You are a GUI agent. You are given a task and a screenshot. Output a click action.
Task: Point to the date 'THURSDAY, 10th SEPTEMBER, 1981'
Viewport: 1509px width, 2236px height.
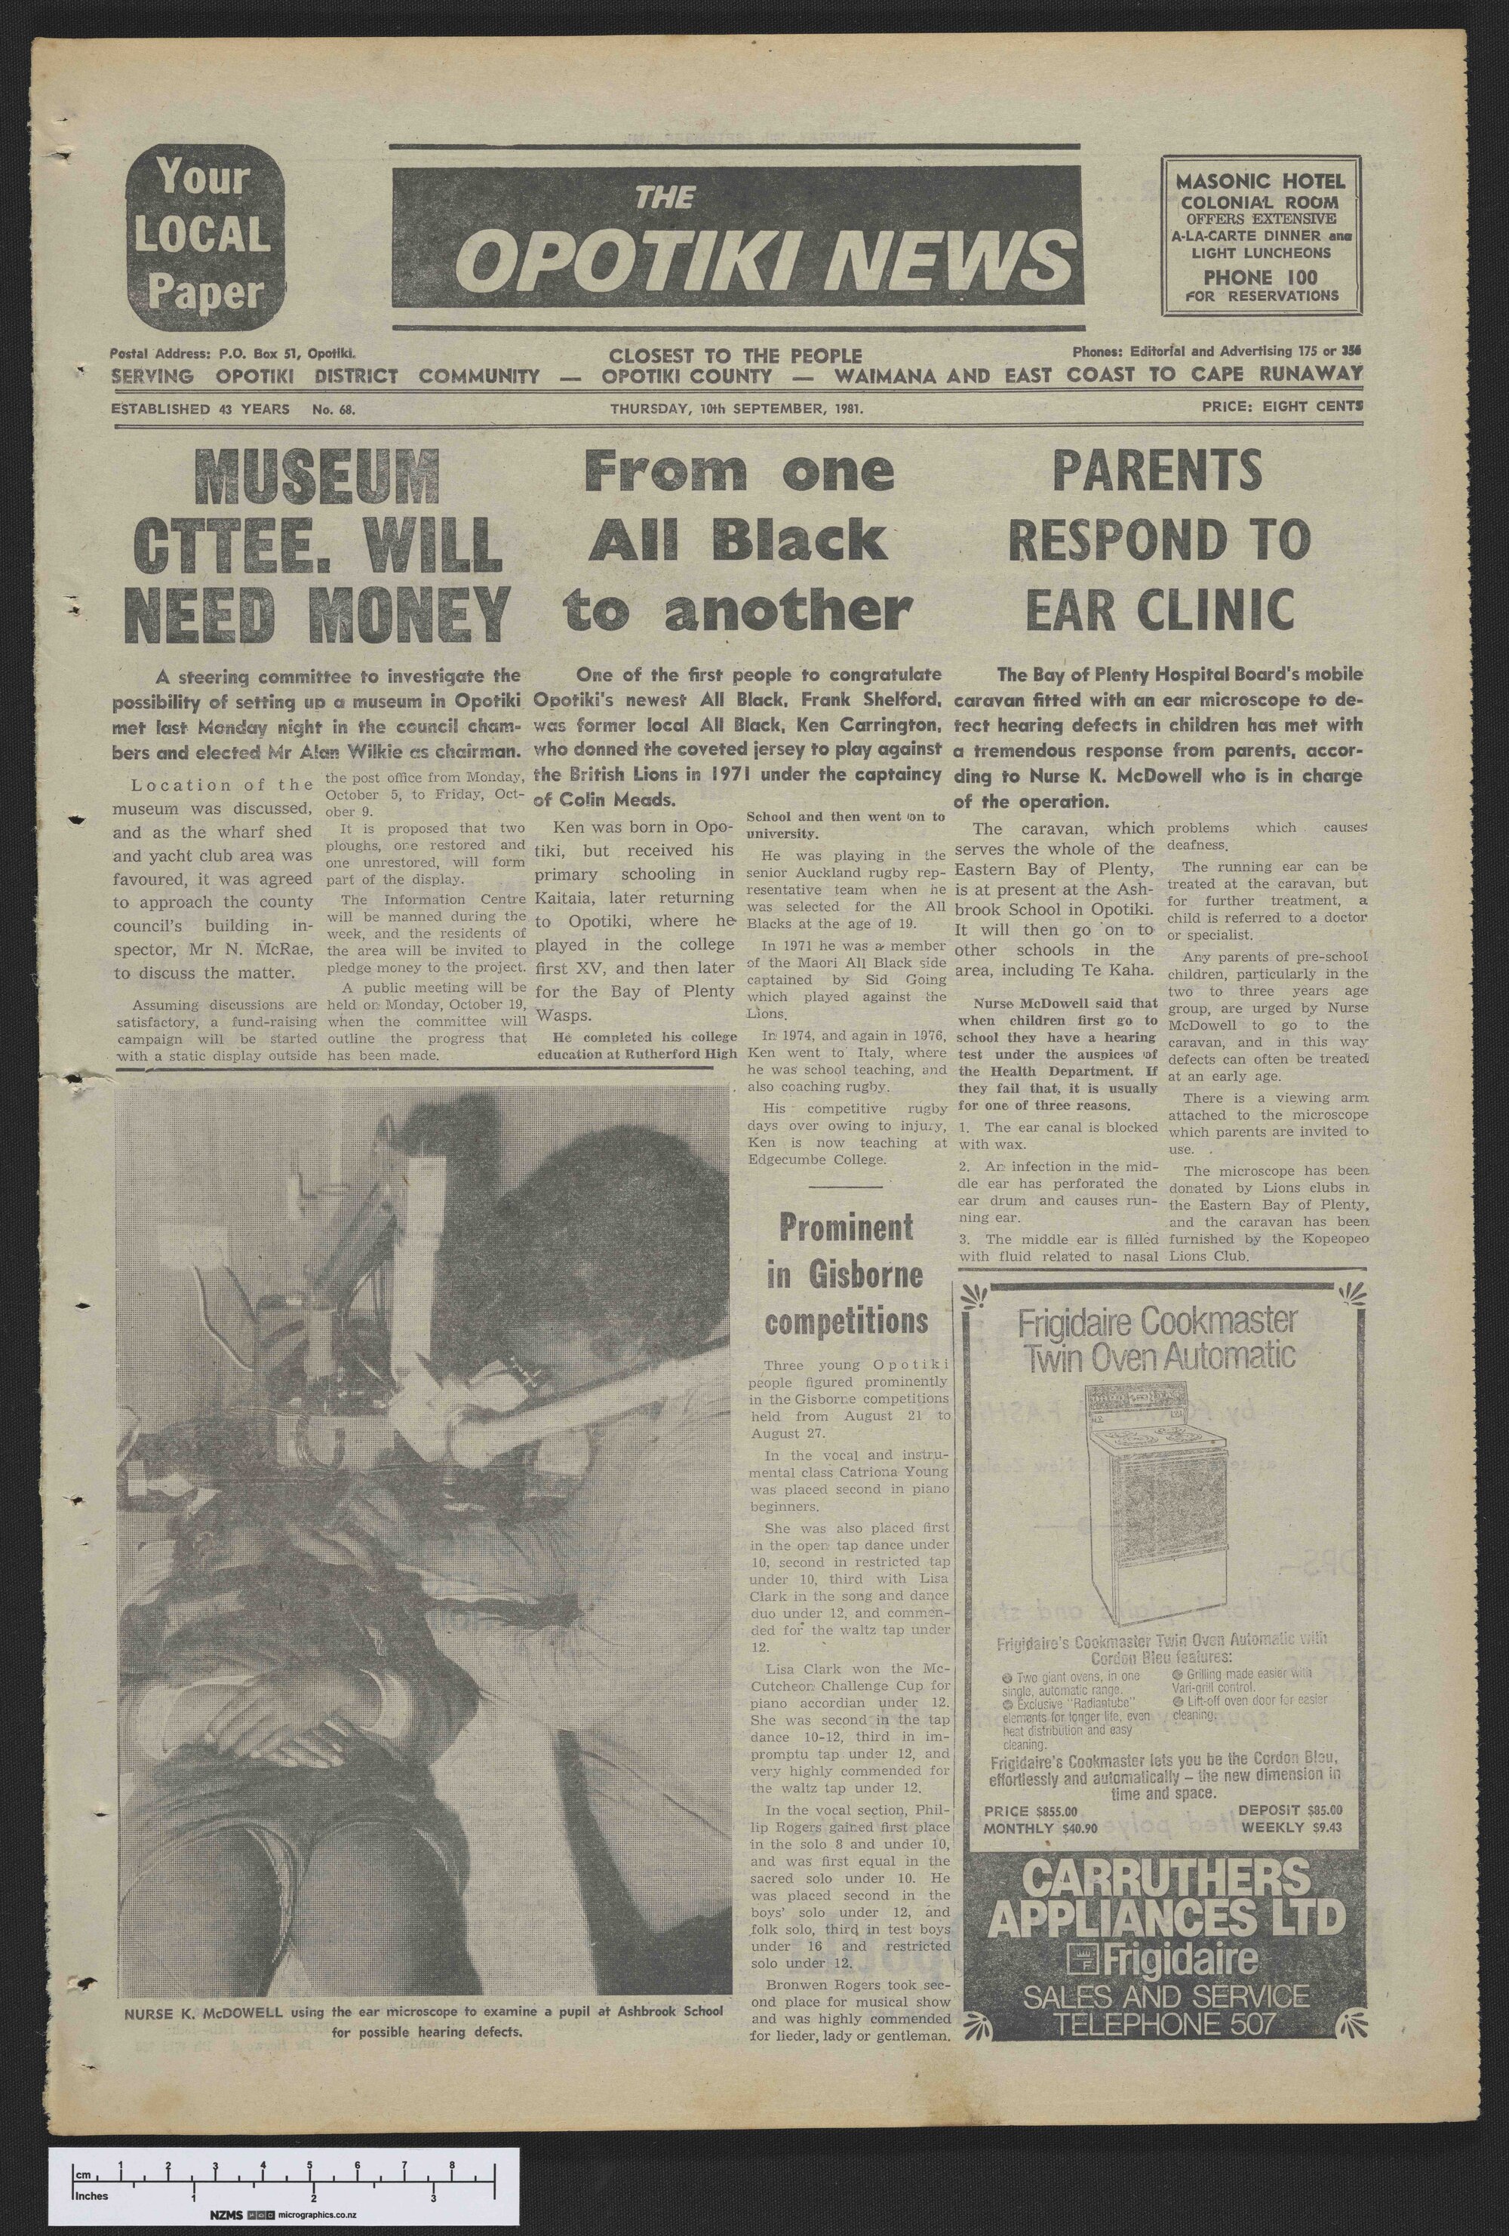coord(736,408)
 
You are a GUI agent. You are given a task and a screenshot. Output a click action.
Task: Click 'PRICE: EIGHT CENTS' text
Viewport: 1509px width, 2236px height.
coord(1281,407)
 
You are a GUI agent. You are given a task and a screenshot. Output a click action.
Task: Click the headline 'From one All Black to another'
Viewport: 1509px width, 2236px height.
coord(738,539)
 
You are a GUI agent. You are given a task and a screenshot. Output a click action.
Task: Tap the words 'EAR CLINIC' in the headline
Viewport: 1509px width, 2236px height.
coord(1159,609)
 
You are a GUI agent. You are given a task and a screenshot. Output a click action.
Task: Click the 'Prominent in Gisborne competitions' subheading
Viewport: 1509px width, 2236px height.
coord(847,1274)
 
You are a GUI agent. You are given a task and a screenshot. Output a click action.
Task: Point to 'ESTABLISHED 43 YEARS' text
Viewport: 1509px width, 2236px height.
coord(200,409)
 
